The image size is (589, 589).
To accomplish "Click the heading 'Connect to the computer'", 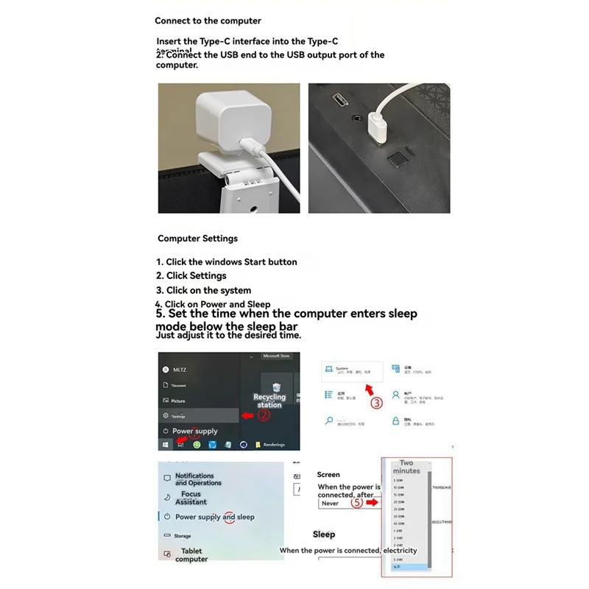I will pos(208,21).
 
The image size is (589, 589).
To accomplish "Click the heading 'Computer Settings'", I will pos(197,239).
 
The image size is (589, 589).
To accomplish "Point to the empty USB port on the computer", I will pos(341,98).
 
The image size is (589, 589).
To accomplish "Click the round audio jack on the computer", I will pos(359,116).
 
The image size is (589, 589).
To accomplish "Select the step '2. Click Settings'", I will pos(191,276).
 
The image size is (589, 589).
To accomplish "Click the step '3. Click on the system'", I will pos(203,291).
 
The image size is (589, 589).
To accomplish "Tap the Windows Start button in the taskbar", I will pos(165,445).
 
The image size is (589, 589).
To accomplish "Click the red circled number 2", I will pos(264,415).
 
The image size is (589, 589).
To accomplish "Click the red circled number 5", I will pos(356,504).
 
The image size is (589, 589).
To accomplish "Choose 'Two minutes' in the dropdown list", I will pos(406,468).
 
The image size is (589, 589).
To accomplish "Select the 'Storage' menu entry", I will pos(183,536).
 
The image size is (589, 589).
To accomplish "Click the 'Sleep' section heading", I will pos(324,535).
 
